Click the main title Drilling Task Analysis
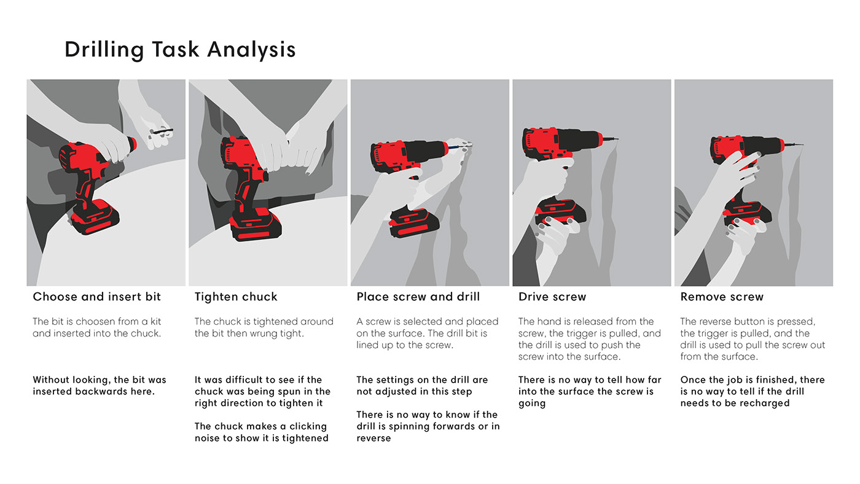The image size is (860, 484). click(x=180, y=50)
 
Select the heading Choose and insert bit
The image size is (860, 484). click(x=96, y=297)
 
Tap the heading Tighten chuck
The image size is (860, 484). click(x=236, y=297)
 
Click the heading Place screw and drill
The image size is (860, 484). click(x=418, y=297)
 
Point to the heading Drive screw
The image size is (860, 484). click(x=552, y=297)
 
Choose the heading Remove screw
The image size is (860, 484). click(x=722, y=297)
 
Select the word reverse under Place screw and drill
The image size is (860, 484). click(x=373, y=438)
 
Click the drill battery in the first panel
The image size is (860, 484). click(x=95, y=219)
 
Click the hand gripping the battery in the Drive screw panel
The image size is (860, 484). click(x=556, y=230)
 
